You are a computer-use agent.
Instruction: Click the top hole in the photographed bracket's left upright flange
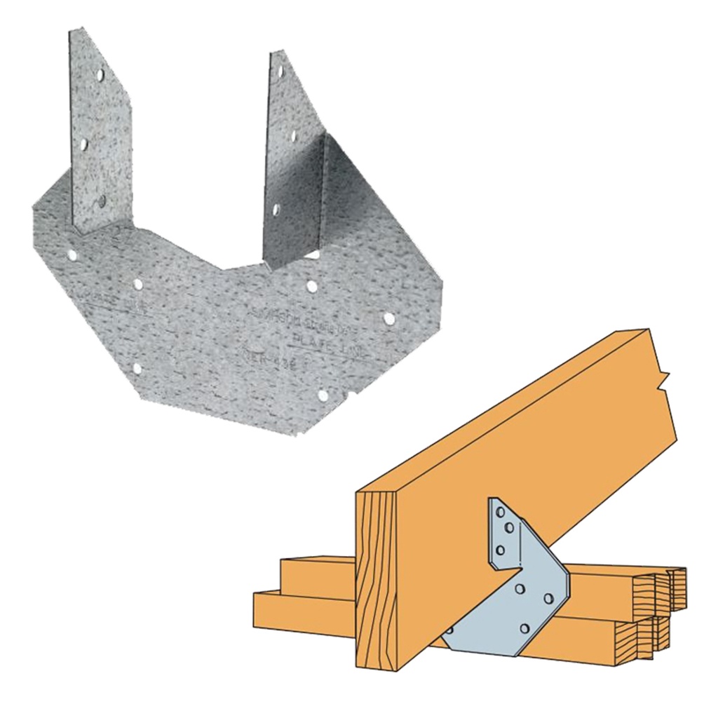[x=100, y=73]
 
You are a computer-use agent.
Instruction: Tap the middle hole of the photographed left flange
[x=83, y=144]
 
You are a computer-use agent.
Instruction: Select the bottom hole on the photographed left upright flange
[x=102, y=201]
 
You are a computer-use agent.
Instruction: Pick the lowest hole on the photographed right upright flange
[x=276, y=209]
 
